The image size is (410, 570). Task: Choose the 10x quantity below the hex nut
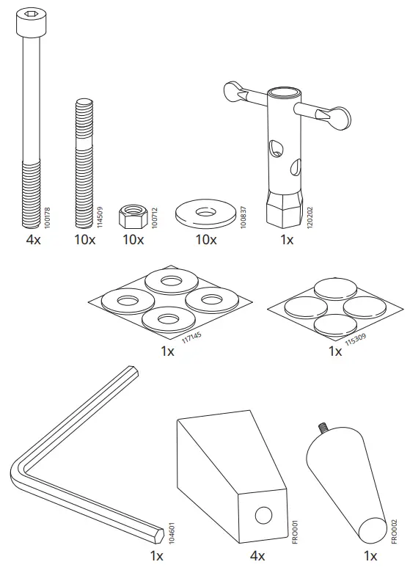point(133,240)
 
